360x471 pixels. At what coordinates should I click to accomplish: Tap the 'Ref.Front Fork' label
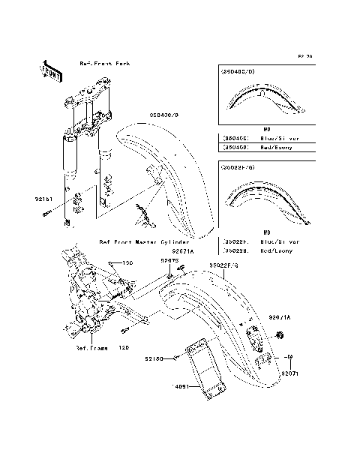pyautogui.click(x=104, y=64)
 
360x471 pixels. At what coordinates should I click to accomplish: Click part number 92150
pyautogui.click(x=154, y=359)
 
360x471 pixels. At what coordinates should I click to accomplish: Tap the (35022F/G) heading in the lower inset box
pyautogui.click(x=238, y=169)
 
